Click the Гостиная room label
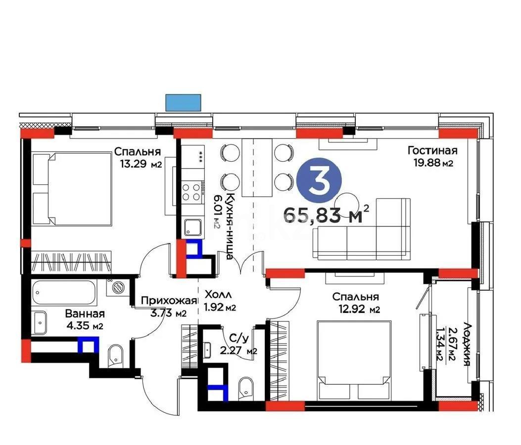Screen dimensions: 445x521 click(432, 151)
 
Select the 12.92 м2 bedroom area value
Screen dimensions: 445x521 click(355, 310)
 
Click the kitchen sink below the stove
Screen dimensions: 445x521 click(191, 227)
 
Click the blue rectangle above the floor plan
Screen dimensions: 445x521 click(184, 102)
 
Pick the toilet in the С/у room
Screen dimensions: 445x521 click(245, 387)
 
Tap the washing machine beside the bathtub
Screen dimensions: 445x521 click(117, 288)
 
